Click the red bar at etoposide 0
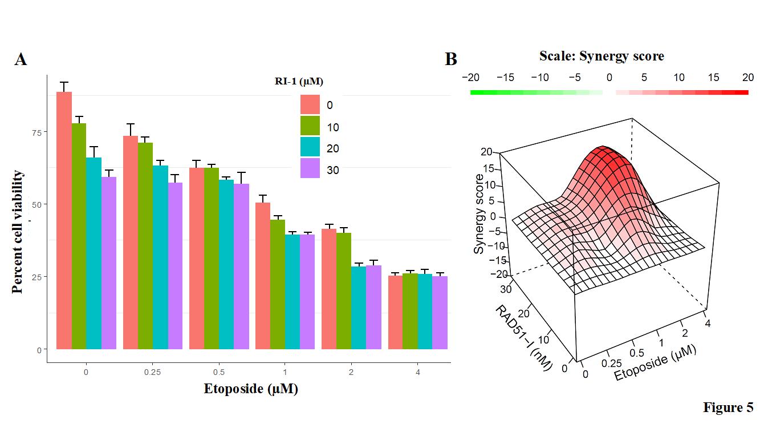pyautogui.click(x=64, y=220)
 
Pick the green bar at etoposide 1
pyautogui.click(x=278, y=284)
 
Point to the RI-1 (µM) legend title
pyautogui.click(x=299, y=81)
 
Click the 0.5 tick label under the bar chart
pyautogui.click(x=218, y=372)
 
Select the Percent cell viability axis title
pyautogui.click(x=18, y=232)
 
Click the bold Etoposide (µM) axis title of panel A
pyautogui.click(x=251, y=389)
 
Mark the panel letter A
pyautogui.click(x=21, y=59)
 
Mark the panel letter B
pyautogui.click(x=451, y=59)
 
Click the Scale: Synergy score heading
pyautogui.click(x=602, y=56)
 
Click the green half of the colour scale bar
pyautogui.click(x=536, y=92)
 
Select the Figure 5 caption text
pyautogui.click(x=728, y=407)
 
